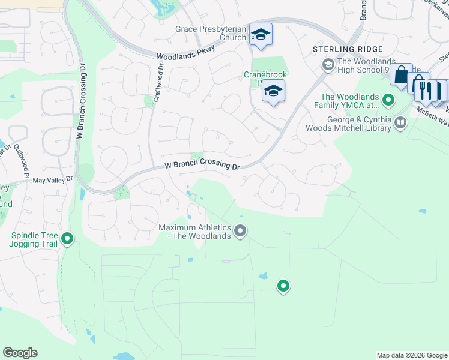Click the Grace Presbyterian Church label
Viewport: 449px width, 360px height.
(211, 33)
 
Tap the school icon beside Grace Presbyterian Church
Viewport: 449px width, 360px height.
(261, 35)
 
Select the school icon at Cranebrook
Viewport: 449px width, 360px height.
(273, 91)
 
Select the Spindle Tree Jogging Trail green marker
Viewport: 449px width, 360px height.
(68, 239)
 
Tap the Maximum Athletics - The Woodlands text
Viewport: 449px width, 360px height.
(195, 232)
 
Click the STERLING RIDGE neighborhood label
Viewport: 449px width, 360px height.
(339, 49)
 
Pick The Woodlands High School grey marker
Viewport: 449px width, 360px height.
(328, 64)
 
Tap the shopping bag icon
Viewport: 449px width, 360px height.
(401, 76)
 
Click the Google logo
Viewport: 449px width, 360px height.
(20, 353)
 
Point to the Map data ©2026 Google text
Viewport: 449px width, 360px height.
(411, 355)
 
